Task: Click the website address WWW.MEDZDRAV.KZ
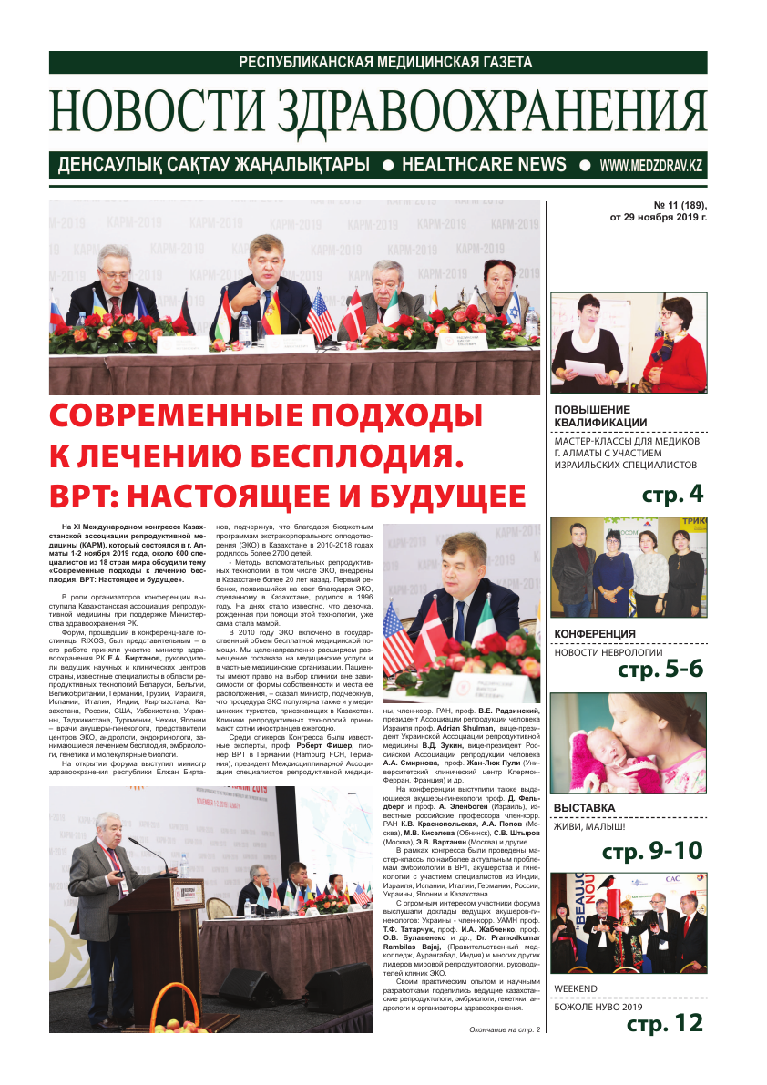651,166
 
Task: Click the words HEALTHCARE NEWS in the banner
484,165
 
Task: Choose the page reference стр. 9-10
652,852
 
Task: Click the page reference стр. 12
665,1024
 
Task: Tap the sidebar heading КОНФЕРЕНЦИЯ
595,634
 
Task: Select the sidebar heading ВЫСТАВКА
584,807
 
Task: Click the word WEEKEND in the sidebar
576,988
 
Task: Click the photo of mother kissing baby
629,742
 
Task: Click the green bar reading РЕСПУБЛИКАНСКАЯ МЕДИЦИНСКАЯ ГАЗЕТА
378,62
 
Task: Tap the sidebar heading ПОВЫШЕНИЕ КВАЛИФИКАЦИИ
600,415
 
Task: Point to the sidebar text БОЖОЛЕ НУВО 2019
598,1007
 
